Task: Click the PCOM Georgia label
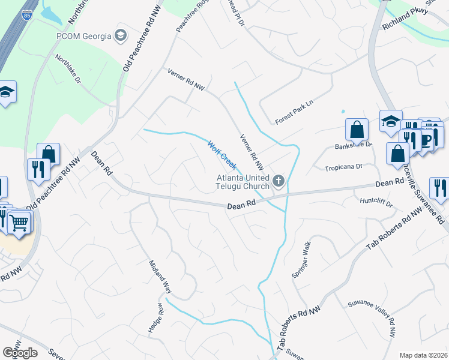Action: tap(84, 36)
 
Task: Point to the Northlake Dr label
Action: tap(68, 69)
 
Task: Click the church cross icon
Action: tap(278, 180)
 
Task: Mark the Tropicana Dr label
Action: tap(343, 167)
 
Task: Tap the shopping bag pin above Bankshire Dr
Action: tap(357, 129)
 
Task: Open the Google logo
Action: tap(20, 353)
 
